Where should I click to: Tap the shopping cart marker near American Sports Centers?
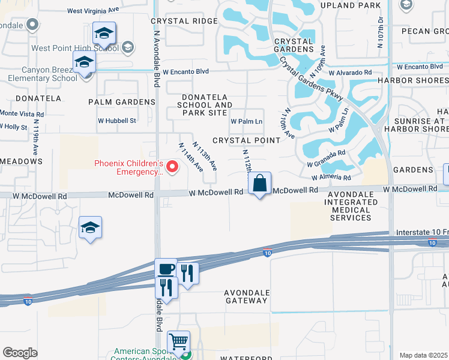click(179, 342)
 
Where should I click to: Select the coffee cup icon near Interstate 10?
click(166, 269)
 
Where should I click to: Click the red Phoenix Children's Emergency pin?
click(173, 167)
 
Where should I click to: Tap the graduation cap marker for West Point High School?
click(104, 34)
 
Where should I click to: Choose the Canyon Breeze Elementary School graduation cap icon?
click(84, 62)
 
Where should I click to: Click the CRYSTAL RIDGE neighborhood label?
click(184, 20)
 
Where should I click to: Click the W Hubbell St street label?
click(118, 121)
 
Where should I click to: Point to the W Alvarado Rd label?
click(350, 73)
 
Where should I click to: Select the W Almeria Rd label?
click(331, 178)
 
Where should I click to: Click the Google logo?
click(20, 353)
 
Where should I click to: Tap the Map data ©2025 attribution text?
click(423, 355)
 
